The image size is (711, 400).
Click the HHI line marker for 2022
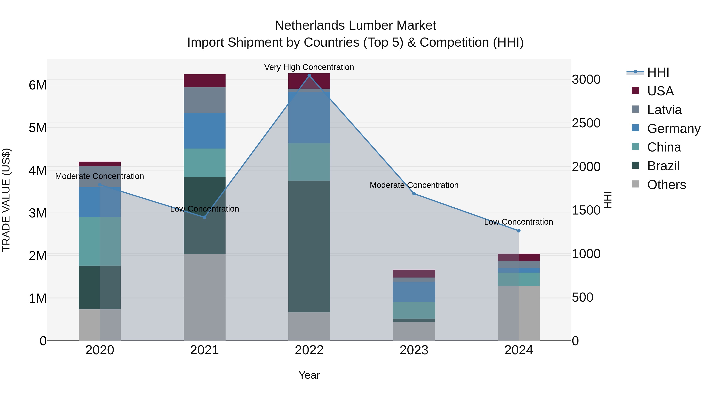[x=309, y=76]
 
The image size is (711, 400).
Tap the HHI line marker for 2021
[x=205, y=217]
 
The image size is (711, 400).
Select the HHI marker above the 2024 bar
[x=519, y=231]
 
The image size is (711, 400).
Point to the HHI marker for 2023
[x=414, y=194]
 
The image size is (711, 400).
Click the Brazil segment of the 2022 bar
[x=309, y=246]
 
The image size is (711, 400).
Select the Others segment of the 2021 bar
[x=205, y=297]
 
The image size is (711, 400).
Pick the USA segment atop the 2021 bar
[x=205, y=81]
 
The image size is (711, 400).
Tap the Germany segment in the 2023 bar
[x=414, y=292]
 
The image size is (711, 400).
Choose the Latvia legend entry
[x=664, y=110]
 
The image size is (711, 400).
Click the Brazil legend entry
[x=663, y=166]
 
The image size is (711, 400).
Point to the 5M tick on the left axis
[x=38, y=128]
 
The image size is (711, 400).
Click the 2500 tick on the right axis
[x=586, y=123]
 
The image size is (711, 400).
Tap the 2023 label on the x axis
[x=414, y=350]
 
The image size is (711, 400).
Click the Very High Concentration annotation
[x=309, y=67]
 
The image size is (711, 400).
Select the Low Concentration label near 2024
[x=518, y=222]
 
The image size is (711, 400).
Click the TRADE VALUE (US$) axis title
[x=6, y=200]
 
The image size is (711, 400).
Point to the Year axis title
[x=309, y=375]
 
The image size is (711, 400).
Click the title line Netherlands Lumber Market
[x=355, y=25]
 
